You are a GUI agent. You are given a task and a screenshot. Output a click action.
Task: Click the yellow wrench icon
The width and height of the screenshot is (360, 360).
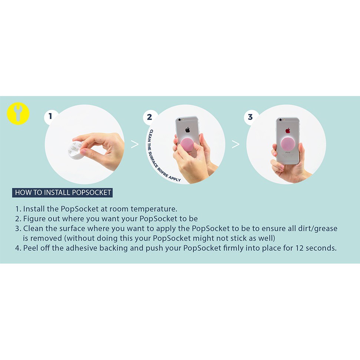18,113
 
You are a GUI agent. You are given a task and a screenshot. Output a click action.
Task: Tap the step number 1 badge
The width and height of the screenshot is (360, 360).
50,116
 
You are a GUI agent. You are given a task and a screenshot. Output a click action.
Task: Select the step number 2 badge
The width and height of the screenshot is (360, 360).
149,117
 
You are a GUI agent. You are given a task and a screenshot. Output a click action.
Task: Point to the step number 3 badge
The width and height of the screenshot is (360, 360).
251,117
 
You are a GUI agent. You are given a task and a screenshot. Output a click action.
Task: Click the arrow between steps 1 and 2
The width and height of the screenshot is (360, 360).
135,144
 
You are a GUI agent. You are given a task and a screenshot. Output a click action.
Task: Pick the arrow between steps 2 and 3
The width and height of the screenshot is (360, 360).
235,144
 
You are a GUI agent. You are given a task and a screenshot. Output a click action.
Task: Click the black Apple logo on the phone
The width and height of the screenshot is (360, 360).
188,130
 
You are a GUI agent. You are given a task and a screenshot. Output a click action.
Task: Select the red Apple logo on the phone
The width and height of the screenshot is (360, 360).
288,131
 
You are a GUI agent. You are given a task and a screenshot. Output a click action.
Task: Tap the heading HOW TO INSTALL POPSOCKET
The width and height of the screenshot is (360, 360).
62,192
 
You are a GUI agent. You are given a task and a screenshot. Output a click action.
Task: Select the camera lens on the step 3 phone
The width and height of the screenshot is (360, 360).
281,120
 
